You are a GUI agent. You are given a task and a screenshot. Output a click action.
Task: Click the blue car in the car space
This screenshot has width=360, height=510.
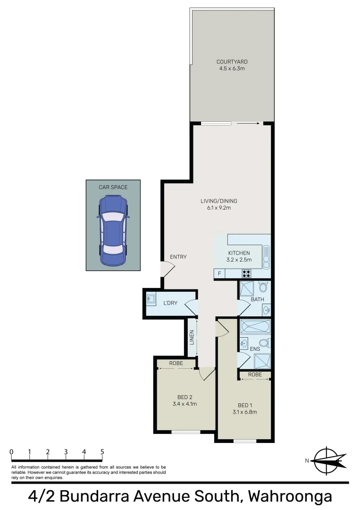click(x=113, y=231)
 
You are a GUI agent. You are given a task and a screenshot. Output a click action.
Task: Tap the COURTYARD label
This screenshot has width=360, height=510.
click(x=232, y=62)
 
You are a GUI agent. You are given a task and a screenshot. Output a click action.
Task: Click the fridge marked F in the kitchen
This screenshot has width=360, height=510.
click(x=219, y=273)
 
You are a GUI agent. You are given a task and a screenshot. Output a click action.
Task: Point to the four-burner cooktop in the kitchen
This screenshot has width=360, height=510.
click(x=246, y=273)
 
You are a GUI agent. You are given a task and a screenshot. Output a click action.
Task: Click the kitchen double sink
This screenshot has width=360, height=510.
click(x=266, y=255)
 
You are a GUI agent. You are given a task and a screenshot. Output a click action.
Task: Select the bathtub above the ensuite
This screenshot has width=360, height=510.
click(x=255, y=327)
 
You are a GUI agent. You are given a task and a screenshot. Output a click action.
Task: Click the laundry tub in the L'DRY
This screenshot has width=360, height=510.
click(x=151, y=299)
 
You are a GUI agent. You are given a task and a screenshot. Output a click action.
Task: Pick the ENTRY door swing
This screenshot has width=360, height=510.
click(x=167, y=270)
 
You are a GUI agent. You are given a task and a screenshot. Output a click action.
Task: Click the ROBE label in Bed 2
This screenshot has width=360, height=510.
click(x=176, y=363)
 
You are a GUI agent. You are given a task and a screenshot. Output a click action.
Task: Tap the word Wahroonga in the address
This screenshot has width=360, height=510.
click(x=290, y=497)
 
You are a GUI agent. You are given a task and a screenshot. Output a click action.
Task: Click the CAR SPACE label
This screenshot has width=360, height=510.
click(x=113, y=187)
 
